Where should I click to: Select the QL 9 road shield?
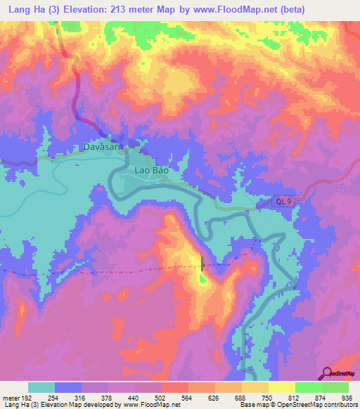pyautogui.click(x=283, y=202)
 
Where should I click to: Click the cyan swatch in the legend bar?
pyautogui.click(x=41, y=387)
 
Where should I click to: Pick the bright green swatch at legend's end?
pyautogui.click(x=335, y=387)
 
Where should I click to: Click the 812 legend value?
pyautogui.click(x=295, y=396)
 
